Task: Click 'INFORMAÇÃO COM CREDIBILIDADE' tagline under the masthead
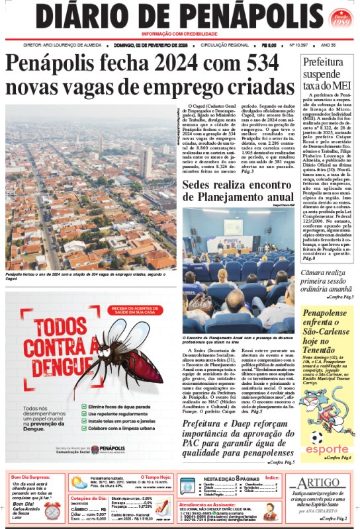click(180, 34)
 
